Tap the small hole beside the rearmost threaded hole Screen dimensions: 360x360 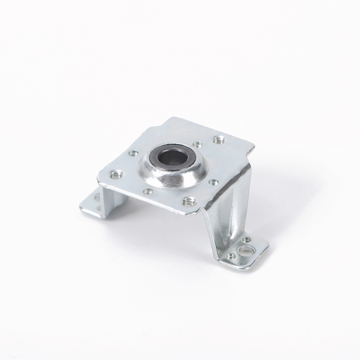[197, 144]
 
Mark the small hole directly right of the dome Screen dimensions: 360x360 [214, 182]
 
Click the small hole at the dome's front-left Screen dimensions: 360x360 [148, 191]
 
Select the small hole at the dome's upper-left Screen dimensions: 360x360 [133, 153]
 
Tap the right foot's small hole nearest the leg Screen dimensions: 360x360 [231, 256]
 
